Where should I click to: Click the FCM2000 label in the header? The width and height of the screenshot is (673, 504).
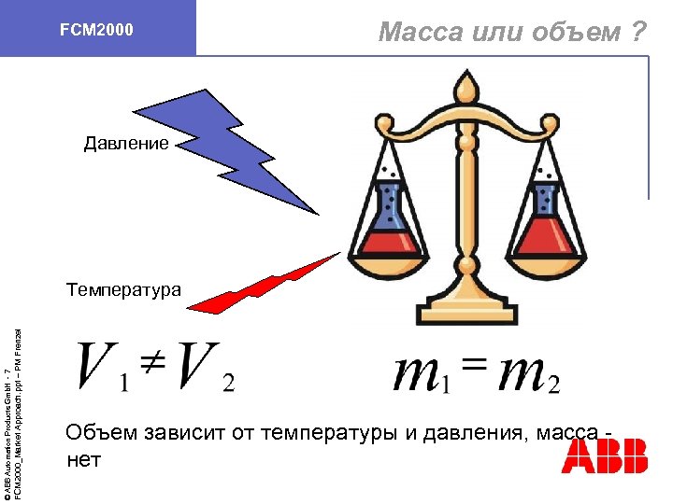[96, 31]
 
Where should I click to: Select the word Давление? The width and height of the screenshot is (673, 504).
[126, 144]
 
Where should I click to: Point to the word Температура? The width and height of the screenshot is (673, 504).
[124, 289]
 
